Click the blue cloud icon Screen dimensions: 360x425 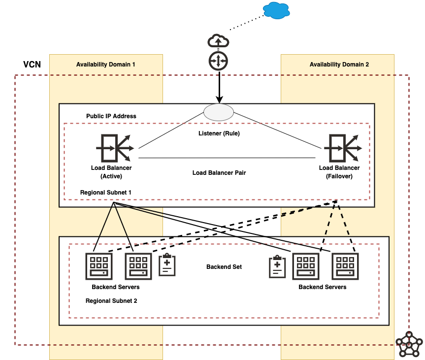(x=277, y=10)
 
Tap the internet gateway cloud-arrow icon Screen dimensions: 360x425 (x=218, y=40)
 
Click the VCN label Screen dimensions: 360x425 (x=32, y=65)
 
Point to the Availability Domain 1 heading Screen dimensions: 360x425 (x=105, y=65)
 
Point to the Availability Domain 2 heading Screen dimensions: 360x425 (x=339, y=65)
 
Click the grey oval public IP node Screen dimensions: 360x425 (x=219, y=112)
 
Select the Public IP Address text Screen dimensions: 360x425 (x=111, y=116)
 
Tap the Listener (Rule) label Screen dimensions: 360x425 (x=219, y=133)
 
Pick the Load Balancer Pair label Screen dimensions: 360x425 (x=219, y=173)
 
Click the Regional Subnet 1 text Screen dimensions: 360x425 (x=105, y=192)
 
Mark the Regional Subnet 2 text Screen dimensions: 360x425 (x=111, y=300)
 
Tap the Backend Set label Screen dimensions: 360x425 (x=224, y=267)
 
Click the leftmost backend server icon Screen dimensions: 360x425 (x=98, y=266)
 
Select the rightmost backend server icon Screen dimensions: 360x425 (x=345, y=266)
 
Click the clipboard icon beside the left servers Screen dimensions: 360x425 (x=167, y=265)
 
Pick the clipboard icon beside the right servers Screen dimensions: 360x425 (x=277, y=266)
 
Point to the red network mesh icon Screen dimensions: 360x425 (x=409, y=344)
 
